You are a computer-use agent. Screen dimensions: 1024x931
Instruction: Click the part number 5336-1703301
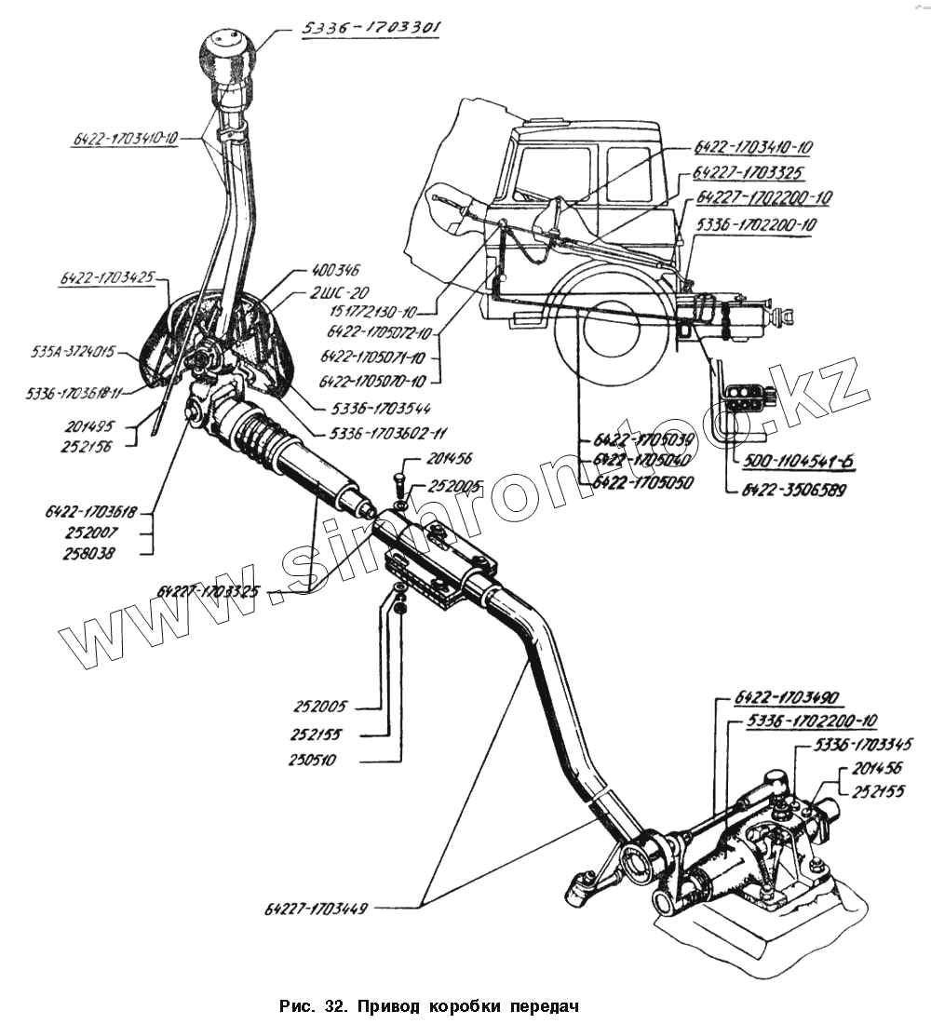pyautogui.click(x=371, y=28)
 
